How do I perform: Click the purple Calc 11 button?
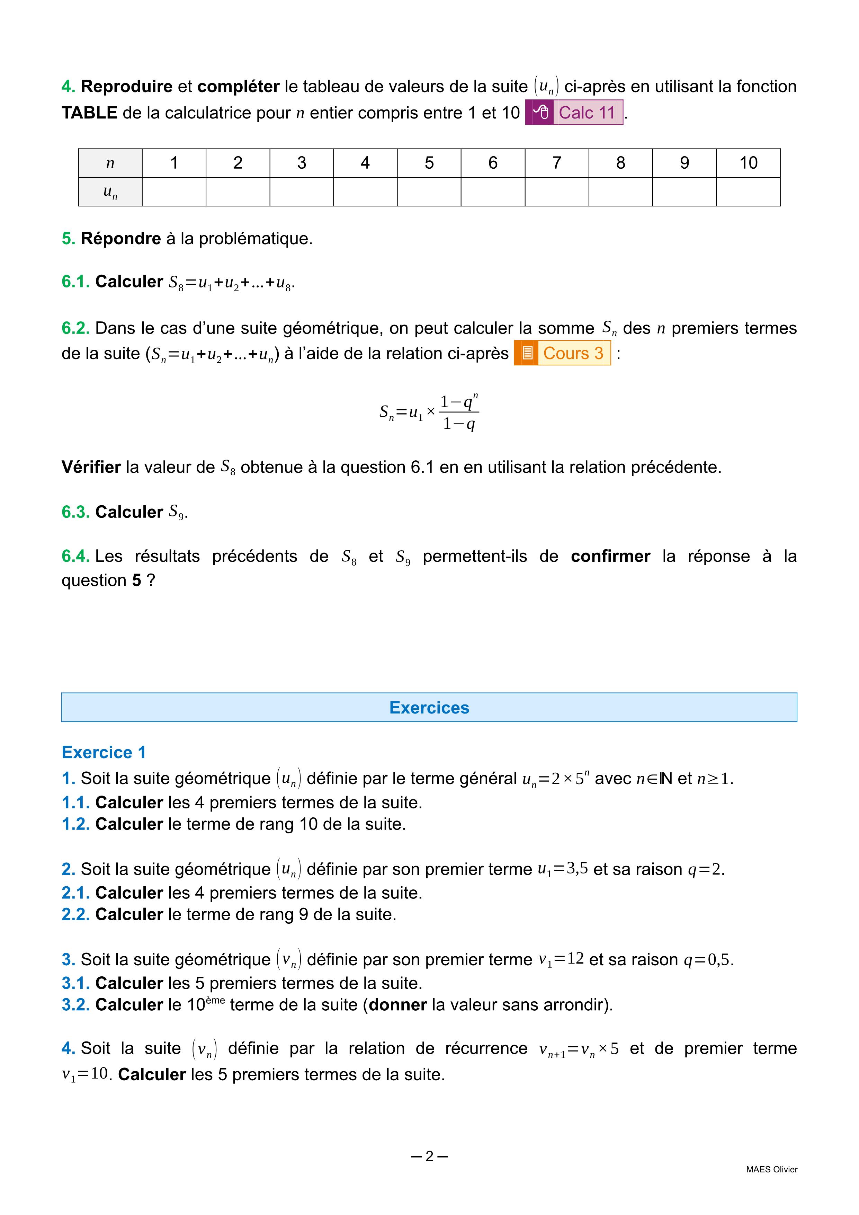[x=574, y=112]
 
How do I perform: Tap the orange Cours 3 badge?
[x=562, y=353]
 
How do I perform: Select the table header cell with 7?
[x=556, y=163]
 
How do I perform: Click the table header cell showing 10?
[x=748, y=163]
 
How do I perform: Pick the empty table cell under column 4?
[x=365, y=192]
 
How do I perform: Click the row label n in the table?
[x=110, y=163]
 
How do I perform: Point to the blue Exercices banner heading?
[x=429, y=708]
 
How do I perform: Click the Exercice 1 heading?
[x=104, y=752]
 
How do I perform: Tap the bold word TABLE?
[x=89, y=113]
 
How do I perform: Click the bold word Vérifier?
[x=91, y=467]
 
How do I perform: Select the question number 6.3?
[x=75, y=512]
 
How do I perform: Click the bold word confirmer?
[x=610, y=556]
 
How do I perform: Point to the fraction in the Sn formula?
[x=459, y=412]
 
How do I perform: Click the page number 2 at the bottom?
[x=429, y=1156]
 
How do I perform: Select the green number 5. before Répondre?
[x=69, y=239]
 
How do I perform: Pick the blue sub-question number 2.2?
[x=75, y=914]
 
